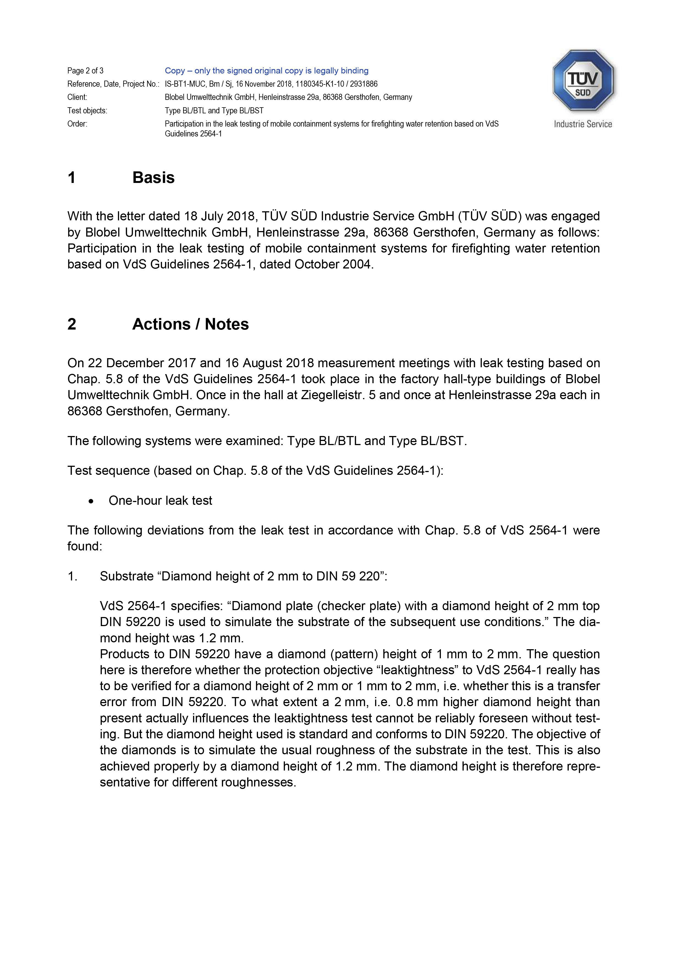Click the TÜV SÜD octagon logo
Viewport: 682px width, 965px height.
coord(582,80)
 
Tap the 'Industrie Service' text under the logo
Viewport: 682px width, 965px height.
coord(582,124)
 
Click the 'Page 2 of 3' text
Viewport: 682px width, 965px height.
coord(85,71)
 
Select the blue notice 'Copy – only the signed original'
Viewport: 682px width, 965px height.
coord(266,71)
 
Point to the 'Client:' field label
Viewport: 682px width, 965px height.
coord(77,97)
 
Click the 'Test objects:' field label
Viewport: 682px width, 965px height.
coord(87,111)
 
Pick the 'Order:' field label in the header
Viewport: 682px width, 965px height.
coord(77,124)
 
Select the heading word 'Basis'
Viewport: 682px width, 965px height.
coord(153,177)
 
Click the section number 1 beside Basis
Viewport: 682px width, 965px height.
coord(72,177)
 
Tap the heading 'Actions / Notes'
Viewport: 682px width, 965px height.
coord(190,324)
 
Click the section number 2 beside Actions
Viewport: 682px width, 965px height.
coord(72,324)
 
